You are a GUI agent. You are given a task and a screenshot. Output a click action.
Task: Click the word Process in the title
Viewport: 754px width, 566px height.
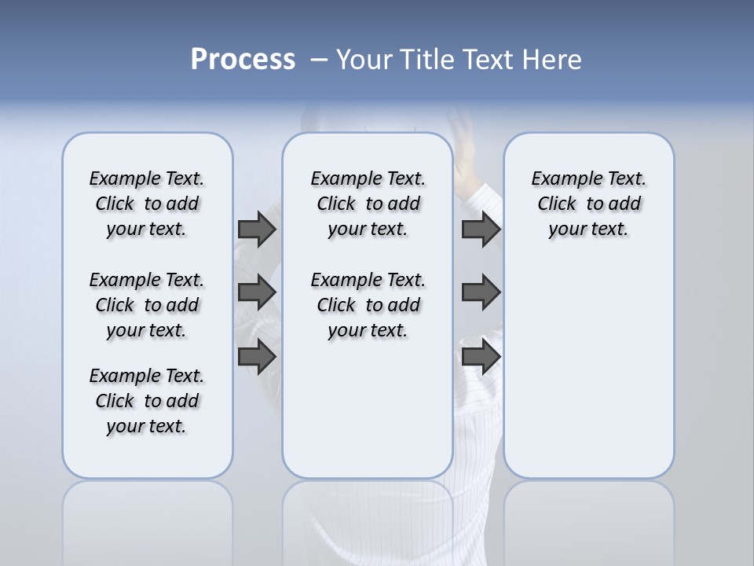pos(243,59)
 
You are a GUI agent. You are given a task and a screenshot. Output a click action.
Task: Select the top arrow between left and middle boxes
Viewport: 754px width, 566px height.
pos(257,230)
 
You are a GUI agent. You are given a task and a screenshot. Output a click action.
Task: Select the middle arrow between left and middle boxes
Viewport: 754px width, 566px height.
pos(257,292)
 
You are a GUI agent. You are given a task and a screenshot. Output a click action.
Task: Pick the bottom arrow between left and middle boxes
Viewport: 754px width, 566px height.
pos(257,357)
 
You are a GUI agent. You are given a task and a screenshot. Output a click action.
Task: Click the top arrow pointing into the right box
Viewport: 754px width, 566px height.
pos(481,230)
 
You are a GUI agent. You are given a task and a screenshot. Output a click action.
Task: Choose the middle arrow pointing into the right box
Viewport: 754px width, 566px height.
pos(481,292)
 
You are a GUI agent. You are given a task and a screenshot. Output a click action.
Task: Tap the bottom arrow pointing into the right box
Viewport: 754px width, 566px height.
pos(481,357)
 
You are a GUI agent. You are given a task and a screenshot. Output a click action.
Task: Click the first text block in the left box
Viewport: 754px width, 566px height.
pos(147,204)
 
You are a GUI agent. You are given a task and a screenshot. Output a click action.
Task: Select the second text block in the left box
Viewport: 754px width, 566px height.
pos(147,305)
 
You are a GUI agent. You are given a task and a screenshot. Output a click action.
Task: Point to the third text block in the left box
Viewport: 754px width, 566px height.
pos(147,401)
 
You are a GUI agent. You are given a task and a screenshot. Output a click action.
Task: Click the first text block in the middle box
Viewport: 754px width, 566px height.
pos(368,204)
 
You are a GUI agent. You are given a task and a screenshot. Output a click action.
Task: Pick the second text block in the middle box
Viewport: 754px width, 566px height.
pos(368,305)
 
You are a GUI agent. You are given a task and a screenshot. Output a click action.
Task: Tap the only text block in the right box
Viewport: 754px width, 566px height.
pos(588,204)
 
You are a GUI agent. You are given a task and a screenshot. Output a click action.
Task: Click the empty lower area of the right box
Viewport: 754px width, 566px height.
pos(588,377)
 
